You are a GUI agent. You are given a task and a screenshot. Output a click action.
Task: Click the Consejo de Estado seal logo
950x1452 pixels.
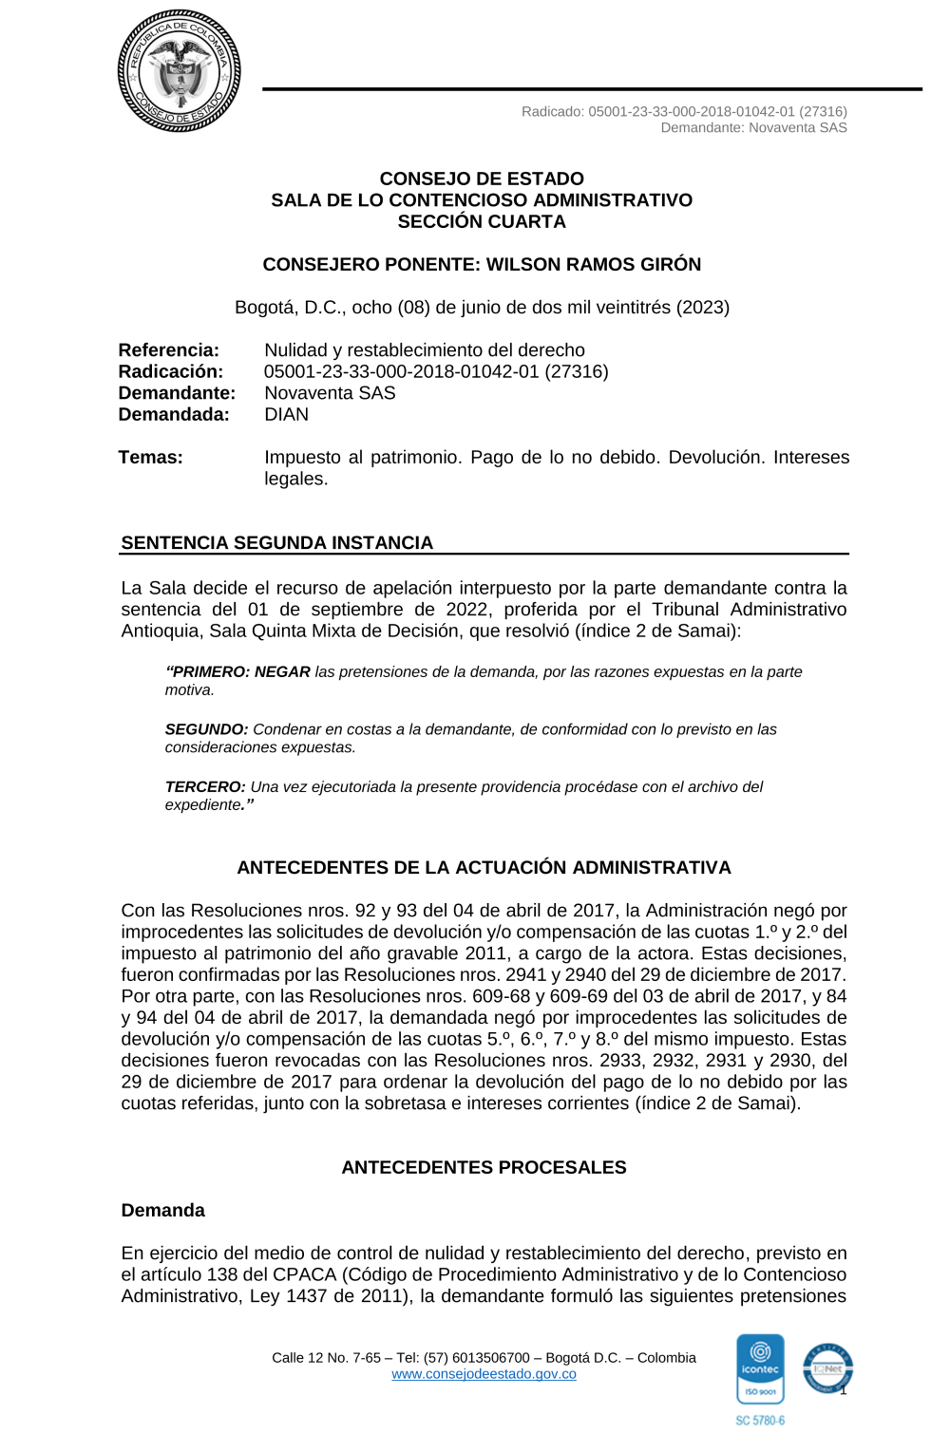tap(179, 71)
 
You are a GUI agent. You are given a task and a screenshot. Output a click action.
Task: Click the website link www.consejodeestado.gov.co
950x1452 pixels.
tap(484, 1374)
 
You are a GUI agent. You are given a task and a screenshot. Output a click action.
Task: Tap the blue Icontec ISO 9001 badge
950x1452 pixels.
tap(760, 1368)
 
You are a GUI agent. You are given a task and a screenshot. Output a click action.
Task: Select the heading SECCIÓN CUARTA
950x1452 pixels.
tap(482, 221)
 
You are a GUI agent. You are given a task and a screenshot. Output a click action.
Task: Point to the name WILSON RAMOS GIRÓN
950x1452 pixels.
tap(594, 264)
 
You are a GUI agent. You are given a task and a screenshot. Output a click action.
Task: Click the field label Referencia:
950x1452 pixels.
tap(168, 350)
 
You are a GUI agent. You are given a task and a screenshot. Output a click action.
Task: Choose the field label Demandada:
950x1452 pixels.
tap(174, 414)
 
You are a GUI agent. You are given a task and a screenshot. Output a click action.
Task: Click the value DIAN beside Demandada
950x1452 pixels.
tap(286, 414)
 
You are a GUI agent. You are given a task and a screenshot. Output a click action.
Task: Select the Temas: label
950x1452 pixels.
tap(150, 457)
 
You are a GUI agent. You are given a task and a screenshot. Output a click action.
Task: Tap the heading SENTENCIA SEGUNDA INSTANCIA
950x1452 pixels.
tap(276, 542)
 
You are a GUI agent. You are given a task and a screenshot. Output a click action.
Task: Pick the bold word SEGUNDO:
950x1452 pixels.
tap(206, 729)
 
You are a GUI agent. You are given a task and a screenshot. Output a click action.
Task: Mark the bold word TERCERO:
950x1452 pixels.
tap(205, 786)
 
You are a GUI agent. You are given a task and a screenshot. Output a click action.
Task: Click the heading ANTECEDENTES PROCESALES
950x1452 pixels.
tap(484, 1167)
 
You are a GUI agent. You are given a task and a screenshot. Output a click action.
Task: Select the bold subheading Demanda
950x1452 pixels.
tap(162, 1210)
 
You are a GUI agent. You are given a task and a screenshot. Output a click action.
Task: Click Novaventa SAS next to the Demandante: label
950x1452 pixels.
tap(330, 393)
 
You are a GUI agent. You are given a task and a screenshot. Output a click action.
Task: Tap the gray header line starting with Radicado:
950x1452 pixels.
tap(684, 111)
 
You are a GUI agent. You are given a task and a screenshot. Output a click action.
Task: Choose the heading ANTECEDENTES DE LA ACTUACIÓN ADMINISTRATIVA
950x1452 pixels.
tap(484, 867)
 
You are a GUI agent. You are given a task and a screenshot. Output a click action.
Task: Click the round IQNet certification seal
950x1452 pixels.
tap(827, 1368)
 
